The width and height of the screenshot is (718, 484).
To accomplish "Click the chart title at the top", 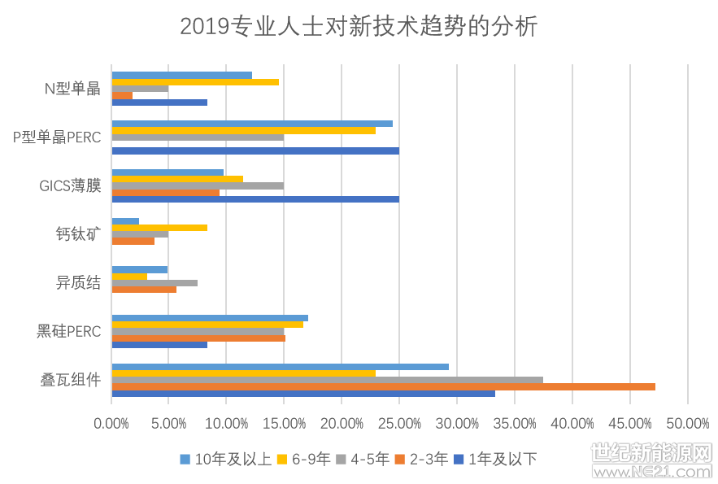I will pos(359,27).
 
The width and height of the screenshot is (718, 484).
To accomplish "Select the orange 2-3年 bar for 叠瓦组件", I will pos(383,386).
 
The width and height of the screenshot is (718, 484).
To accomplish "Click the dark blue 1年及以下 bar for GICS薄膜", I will pos(255,199).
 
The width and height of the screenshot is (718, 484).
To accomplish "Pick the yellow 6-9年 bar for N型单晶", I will pos(195,82).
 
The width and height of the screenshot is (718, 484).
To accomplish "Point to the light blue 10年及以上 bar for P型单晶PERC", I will pos(252,124).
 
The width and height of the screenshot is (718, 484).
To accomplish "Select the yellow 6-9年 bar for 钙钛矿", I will pos(159,228).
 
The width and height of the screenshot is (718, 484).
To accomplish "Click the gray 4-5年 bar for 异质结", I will pos(154,283).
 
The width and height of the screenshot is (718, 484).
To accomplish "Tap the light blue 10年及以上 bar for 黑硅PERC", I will pos(210,318).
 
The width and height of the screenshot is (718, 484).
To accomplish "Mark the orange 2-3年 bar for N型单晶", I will pos(122,95).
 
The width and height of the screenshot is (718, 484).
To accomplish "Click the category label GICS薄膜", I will pos(70,185).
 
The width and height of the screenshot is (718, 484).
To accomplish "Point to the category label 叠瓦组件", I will pos(71,379).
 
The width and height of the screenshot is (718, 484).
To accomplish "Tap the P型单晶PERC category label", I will pos(57,137).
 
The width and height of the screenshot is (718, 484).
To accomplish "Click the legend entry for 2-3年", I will pos(421,459).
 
